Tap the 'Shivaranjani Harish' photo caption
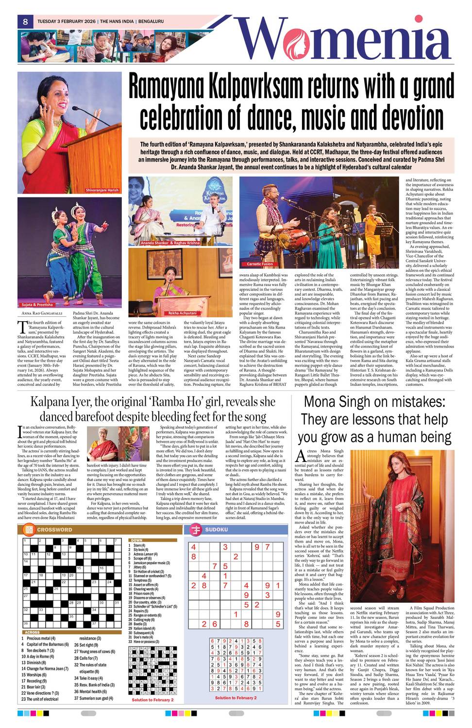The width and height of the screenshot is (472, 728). click(102, 190)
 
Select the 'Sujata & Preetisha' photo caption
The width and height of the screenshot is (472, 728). click(37, 305)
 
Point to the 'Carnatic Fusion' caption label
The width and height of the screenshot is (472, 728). click(260, 264)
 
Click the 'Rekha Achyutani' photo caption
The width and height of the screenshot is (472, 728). click(183, 314)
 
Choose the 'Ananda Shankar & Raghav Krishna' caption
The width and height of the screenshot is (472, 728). click(164, 242)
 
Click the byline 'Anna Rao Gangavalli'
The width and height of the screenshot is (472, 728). click(38, 313)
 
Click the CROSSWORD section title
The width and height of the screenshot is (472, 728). click(54, 529)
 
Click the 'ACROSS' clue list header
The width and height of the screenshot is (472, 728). click(32, 632)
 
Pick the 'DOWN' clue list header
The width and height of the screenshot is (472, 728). click(136, 540)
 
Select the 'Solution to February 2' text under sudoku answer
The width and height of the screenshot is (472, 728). click(236, 697)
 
